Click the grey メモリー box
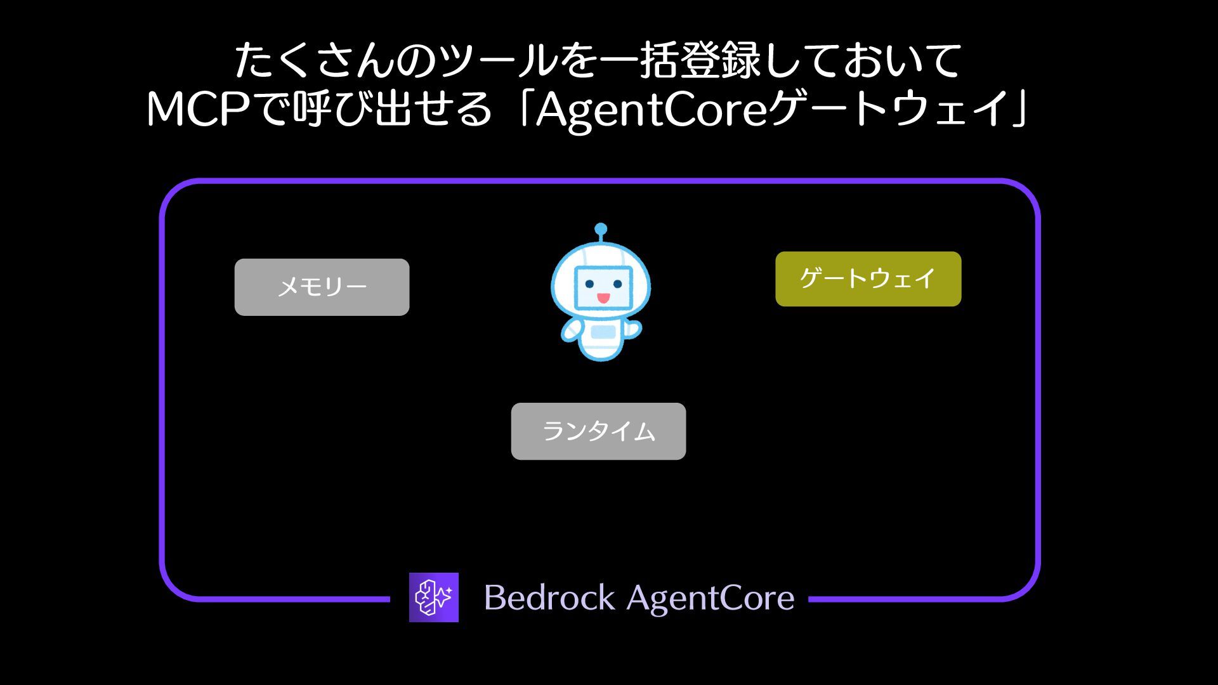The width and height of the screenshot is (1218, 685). click(322, 287)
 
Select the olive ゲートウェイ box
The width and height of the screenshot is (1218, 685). click(868, 279)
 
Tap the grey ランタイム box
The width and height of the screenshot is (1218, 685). click(598, 431)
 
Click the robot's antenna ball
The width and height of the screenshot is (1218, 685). click(601, 229)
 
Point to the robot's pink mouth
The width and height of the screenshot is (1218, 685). click(603, 297)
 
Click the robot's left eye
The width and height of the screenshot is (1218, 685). click(589, 284)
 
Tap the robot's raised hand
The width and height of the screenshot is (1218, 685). click(633, 329)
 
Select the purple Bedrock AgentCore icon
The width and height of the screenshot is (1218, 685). click(434, 597)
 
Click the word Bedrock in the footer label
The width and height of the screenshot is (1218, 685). click(549, 597)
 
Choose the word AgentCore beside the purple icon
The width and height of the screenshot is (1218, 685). click(710, 597)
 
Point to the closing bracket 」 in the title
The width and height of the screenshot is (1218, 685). click(1019, 109)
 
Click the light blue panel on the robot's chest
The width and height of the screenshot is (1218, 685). click(602, 332)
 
